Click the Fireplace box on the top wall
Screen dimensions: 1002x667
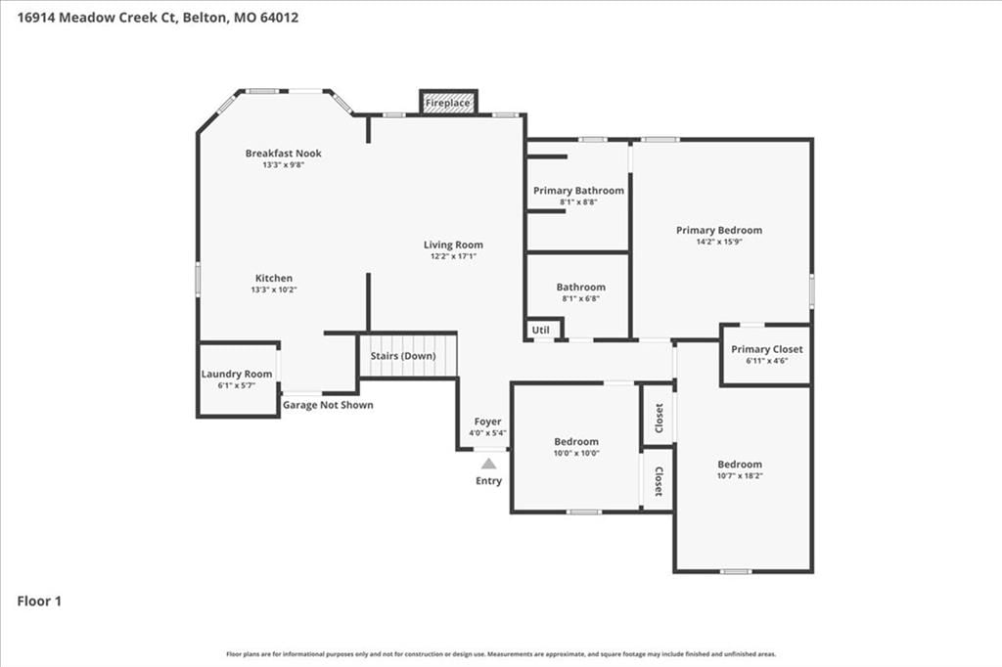[x=448, y=103]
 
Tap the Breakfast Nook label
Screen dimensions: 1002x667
[x=284, y=154]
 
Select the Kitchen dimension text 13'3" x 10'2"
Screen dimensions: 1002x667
[x=274, y=289]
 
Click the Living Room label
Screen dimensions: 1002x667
[x=453, y=245]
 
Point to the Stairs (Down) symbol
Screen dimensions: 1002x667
[x=407, y=355]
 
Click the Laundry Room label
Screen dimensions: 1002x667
[x=237, y=374]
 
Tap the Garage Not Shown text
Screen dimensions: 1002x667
[x=328, y=405]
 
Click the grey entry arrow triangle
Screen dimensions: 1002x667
[x=489, y=464]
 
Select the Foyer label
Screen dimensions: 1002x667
[x=487, y=422]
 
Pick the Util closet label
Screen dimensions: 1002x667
[x=540, y=330]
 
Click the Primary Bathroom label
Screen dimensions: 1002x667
[x=579, y=191]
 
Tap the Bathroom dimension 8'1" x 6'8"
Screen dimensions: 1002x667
[x=581, y=298]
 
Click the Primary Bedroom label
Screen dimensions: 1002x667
[x=719, y=230]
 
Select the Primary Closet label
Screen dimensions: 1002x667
[x=767, y=349]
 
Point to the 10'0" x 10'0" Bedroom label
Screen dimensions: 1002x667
[x=576, y=441]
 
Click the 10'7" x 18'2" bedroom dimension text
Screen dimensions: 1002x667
[x=740, y=475]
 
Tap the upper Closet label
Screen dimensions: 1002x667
[x=660, y=418]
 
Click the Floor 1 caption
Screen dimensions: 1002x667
[x=39, y=601]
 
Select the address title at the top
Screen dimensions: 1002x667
[x=158, y=18]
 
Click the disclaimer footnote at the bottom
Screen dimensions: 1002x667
[x=501, y=654]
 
